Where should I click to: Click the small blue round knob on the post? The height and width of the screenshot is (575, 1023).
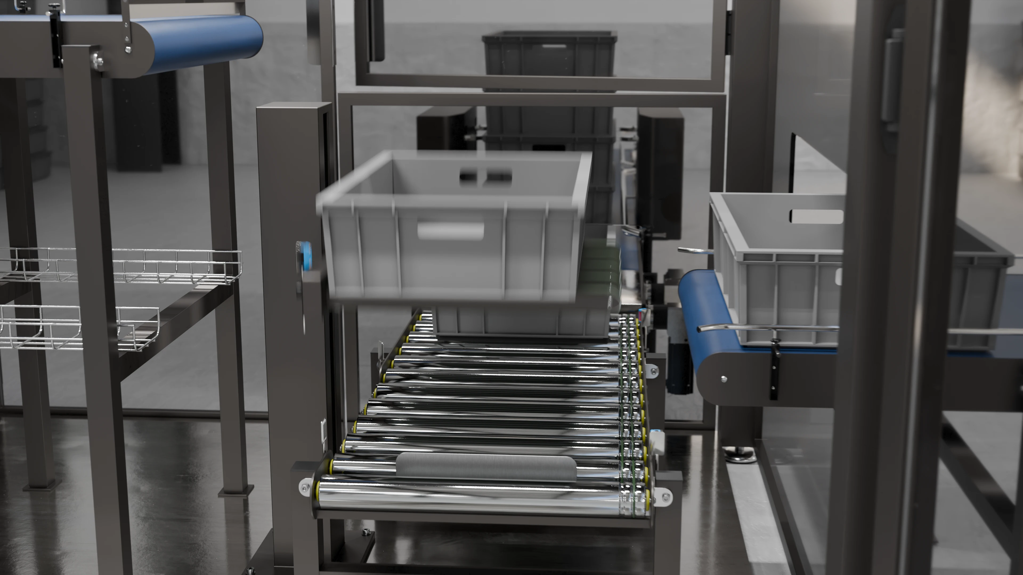(305, 254)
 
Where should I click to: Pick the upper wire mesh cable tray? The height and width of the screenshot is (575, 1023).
(119, 266)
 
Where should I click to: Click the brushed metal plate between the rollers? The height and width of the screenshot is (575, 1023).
(486, 467)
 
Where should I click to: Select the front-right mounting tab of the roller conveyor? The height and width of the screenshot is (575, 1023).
(665, 497)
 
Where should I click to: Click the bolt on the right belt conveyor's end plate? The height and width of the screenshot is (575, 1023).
(724, 379)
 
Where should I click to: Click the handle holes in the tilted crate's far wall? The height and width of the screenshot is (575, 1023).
(485, 176)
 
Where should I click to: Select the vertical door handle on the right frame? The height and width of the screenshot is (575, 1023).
(889, 79)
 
